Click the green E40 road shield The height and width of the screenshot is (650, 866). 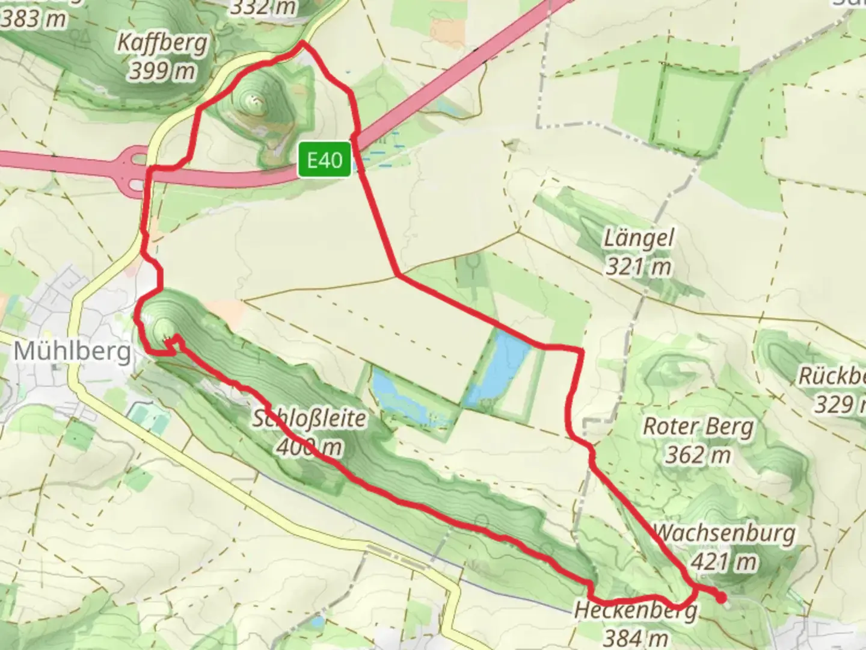click(x=325, y=160)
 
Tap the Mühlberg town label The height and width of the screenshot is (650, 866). click(x=72, y=351)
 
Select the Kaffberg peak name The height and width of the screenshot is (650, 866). click(x=162, y=43)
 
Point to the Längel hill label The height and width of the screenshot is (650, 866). click(x=639, y=238)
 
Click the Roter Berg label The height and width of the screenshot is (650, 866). click(x=698, y=427)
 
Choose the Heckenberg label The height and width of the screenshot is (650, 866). click(x=636, y=611)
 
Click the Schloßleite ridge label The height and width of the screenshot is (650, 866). click(x=309, y=418)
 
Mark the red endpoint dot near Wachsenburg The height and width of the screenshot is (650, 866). click(x=721, y=597)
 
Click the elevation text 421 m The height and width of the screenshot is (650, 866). click(x=723, y=562)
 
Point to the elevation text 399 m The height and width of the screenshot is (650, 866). click(x=162, y=71)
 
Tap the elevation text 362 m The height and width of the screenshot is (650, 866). click(x=698, y=454)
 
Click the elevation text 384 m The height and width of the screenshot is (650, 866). click(x=636, y=637)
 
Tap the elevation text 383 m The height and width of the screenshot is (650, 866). click(x=33, y=19)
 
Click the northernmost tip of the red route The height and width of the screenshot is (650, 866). click(x=302, y=43)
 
